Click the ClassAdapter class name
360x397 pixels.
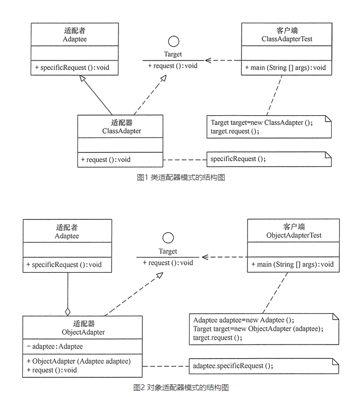coord(122,131)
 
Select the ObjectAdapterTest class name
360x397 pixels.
coord(294,235)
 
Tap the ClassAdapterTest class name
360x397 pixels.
coord(287,39)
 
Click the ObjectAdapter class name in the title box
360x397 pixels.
coord(83,332)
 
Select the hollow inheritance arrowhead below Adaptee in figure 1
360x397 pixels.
coord(82,78)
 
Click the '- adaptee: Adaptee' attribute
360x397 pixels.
coord(55,346)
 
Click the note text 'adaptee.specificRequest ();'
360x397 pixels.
coord(233,366)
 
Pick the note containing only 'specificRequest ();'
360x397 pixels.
coord(269,159)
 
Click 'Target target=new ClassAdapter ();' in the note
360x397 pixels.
coord(262,123)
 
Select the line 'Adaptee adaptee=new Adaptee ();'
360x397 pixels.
coord(244,320)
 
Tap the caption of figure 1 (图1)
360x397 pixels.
coord(181,177)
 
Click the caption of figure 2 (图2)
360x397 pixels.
coord(181,387)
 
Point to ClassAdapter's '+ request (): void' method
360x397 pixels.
coord(106,160)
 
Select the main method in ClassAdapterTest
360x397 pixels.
coord(285,67)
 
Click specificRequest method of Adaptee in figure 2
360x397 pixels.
coord(64,265)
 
